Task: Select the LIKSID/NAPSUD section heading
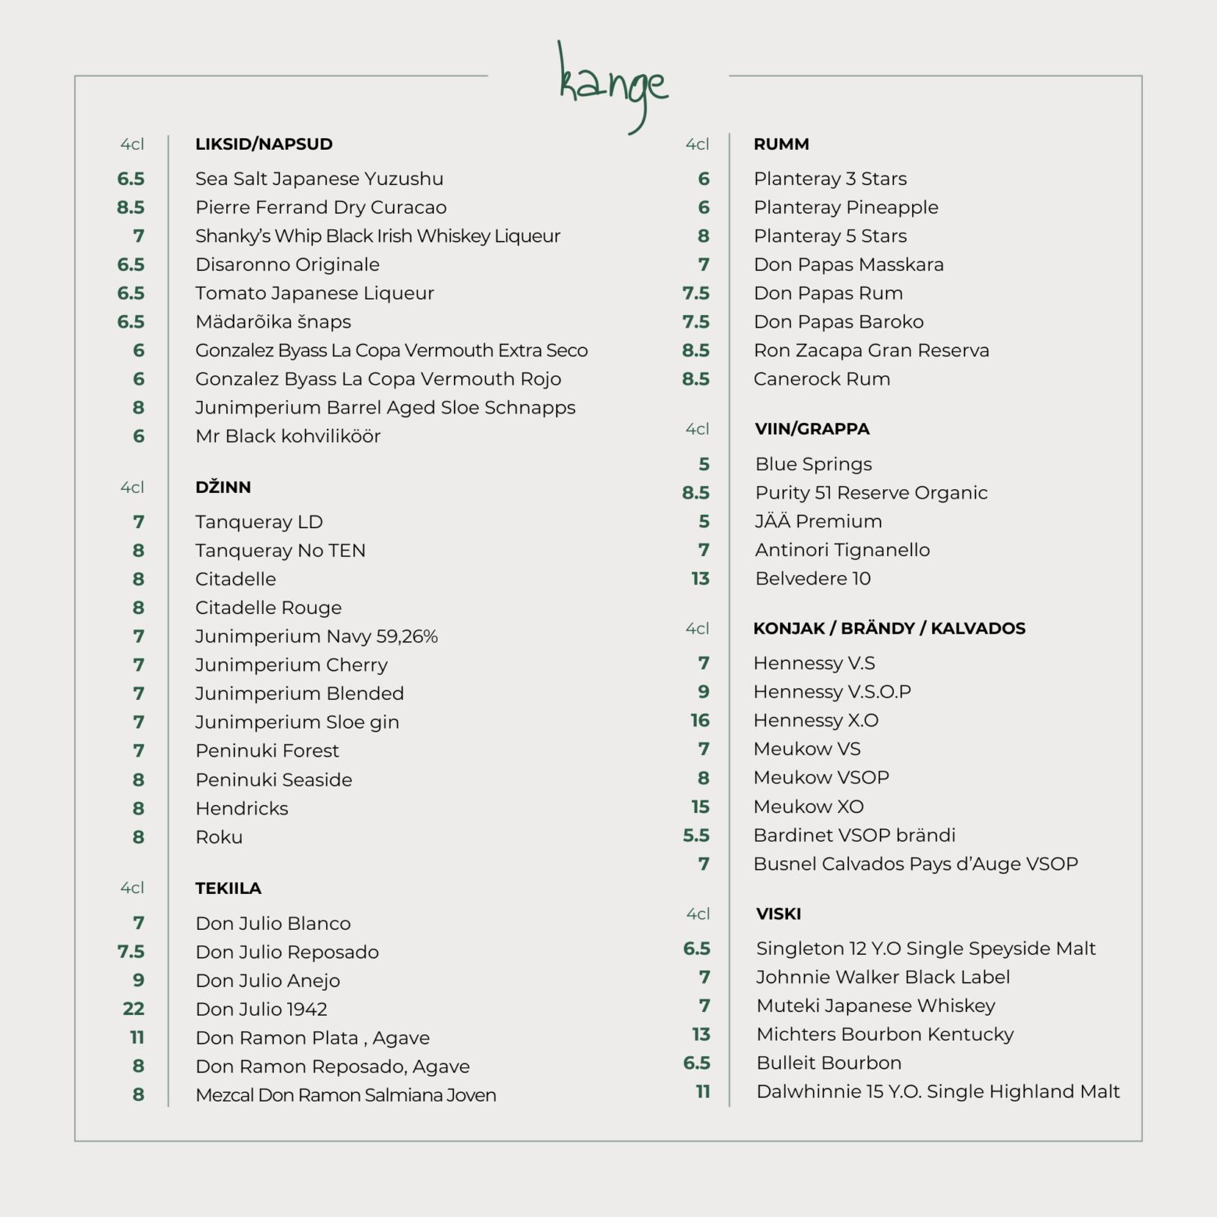pos(264,144)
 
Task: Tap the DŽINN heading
pos(223,488)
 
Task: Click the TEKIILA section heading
pos(228,889)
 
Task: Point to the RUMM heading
pos(781,144)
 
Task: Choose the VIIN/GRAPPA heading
pos(811,429)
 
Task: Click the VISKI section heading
pos(778,914)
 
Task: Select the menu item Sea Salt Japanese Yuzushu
pos(319,179)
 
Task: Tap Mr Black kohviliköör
pos(288,436)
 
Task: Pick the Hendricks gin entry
pos(242,808)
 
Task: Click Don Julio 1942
pos(261,1009)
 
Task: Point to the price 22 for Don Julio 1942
pos(133,1009)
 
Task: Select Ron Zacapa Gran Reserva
pos(871,350)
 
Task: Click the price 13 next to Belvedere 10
pos(700,579)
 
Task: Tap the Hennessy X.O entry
pos(815,720)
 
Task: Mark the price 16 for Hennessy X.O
pos(700,721)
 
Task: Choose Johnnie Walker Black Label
pos(882,978)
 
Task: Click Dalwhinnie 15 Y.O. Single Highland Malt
pos(938,1091)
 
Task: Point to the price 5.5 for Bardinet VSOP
pos(696,836)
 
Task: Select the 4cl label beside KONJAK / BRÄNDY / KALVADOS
pos(697,629)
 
